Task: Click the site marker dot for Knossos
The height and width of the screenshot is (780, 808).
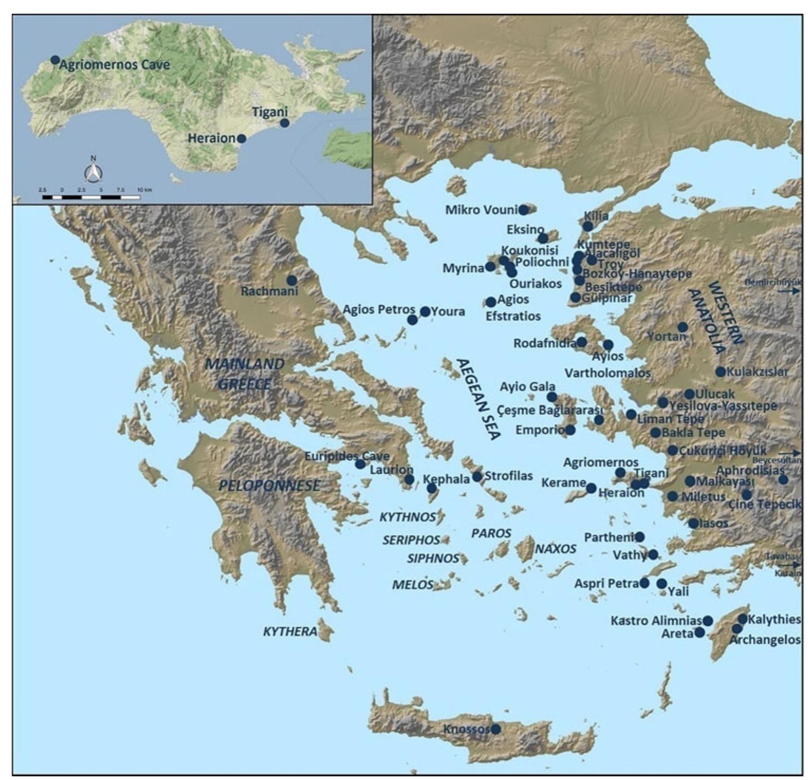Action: point(496,729)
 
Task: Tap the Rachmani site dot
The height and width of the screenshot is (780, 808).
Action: point(292,280)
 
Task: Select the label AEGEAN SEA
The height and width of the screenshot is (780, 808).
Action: point(478,399)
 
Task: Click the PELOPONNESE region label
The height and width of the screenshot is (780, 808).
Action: point(269,485)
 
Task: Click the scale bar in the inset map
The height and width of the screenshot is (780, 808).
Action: point(91,197)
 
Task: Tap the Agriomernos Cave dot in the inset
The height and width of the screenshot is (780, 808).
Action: point(54,60)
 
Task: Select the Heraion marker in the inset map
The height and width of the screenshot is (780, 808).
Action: point(241,138)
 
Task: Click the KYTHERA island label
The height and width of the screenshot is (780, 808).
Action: point(290,632)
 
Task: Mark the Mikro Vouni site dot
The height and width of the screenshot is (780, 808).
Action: point(523,210)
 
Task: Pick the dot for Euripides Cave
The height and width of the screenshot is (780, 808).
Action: point(360,464)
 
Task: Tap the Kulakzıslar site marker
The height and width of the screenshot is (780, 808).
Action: point(720,372)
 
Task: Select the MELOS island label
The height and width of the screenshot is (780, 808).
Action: point(412,585)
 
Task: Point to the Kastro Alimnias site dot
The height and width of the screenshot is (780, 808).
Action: point(708,621)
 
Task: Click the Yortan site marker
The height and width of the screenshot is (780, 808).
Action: point(682,327)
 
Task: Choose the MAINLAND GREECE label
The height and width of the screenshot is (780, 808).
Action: point(245,374)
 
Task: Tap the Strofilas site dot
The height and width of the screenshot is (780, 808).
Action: point(477,476)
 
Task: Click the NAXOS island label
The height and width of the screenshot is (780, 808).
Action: point(556,549)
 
